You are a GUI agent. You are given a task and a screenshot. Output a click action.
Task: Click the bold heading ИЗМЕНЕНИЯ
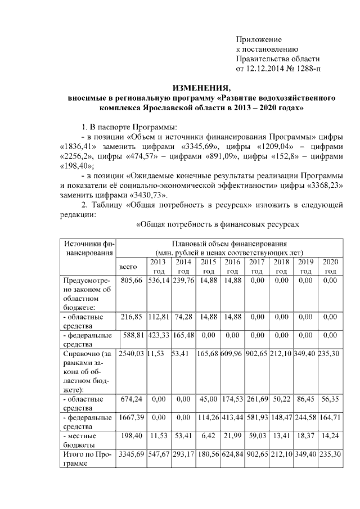pyautogui.click(x=201, y=88)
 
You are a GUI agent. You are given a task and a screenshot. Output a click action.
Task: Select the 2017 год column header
pyautogui.click(x=256, y=267)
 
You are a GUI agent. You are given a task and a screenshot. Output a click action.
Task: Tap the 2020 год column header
pyautogui.click(x=330, y=267)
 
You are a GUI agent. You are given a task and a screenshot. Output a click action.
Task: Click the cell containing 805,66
pyautogui.click(x=130, y=281)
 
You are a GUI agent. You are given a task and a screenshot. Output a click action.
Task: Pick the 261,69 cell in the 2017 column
pyautogui.click(x=256, y=400)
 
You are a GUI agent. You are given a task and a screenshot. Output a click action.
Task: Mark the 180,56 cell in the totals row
pyautogui.click(x=207, y=453)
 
